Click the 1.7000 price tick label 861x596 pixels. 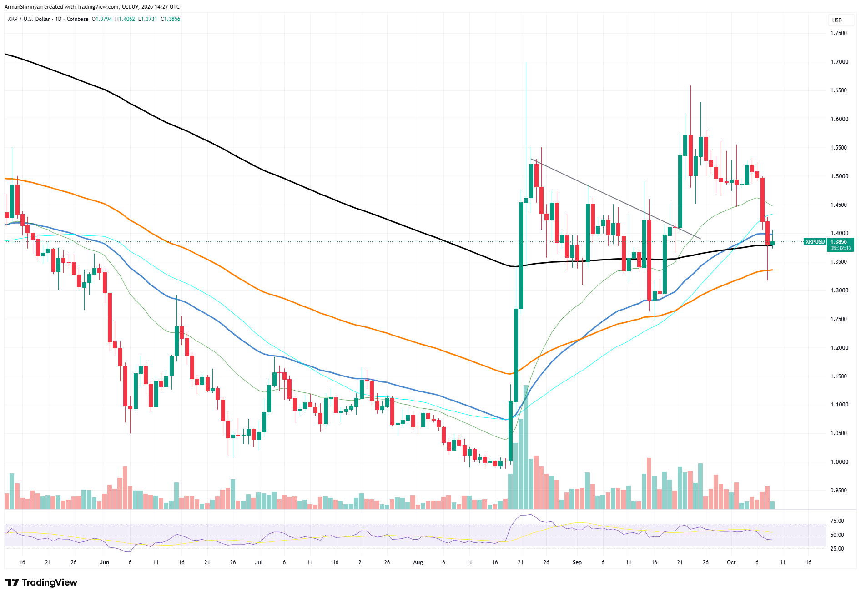click(x=839, y=62)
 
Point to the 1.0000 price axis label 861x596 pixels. click(x=839, y=462)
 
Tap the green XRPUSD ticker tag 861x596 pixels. click(x=815, y=242)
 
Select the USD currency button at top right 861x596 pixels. click(x=837, y=20)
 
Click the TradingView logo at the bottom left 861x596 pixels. click(x=41, y=582)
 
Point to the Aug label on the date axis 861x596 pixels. click(x=418, y=562)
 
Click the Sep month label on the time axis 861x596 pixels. click(x=577, y=562)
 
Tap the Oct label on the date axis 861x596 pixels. click(x=731, y=562)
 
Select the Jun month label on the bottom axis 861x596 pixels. click(x=105, y=562)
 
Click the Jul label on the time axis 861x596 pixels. click(x=259, y=562)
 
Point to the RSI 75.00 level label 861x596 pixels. click(x=837, y=521)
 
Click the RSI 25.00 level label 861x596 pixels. click(x=837, y=549)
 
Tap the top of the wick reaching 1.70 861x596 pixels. click(x=526, y=62)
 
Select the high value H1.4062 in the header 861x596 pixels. click(x=125, y=19)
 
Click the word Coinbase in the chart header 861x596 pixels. click(x=77, y=19)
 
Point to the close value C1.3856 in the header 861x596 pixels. click(x=171, y=19)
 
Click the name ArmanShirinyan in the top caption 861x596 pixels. click(x=24, y=7)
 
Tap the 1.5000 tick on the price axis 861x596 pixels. click(x=839, y=176)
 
